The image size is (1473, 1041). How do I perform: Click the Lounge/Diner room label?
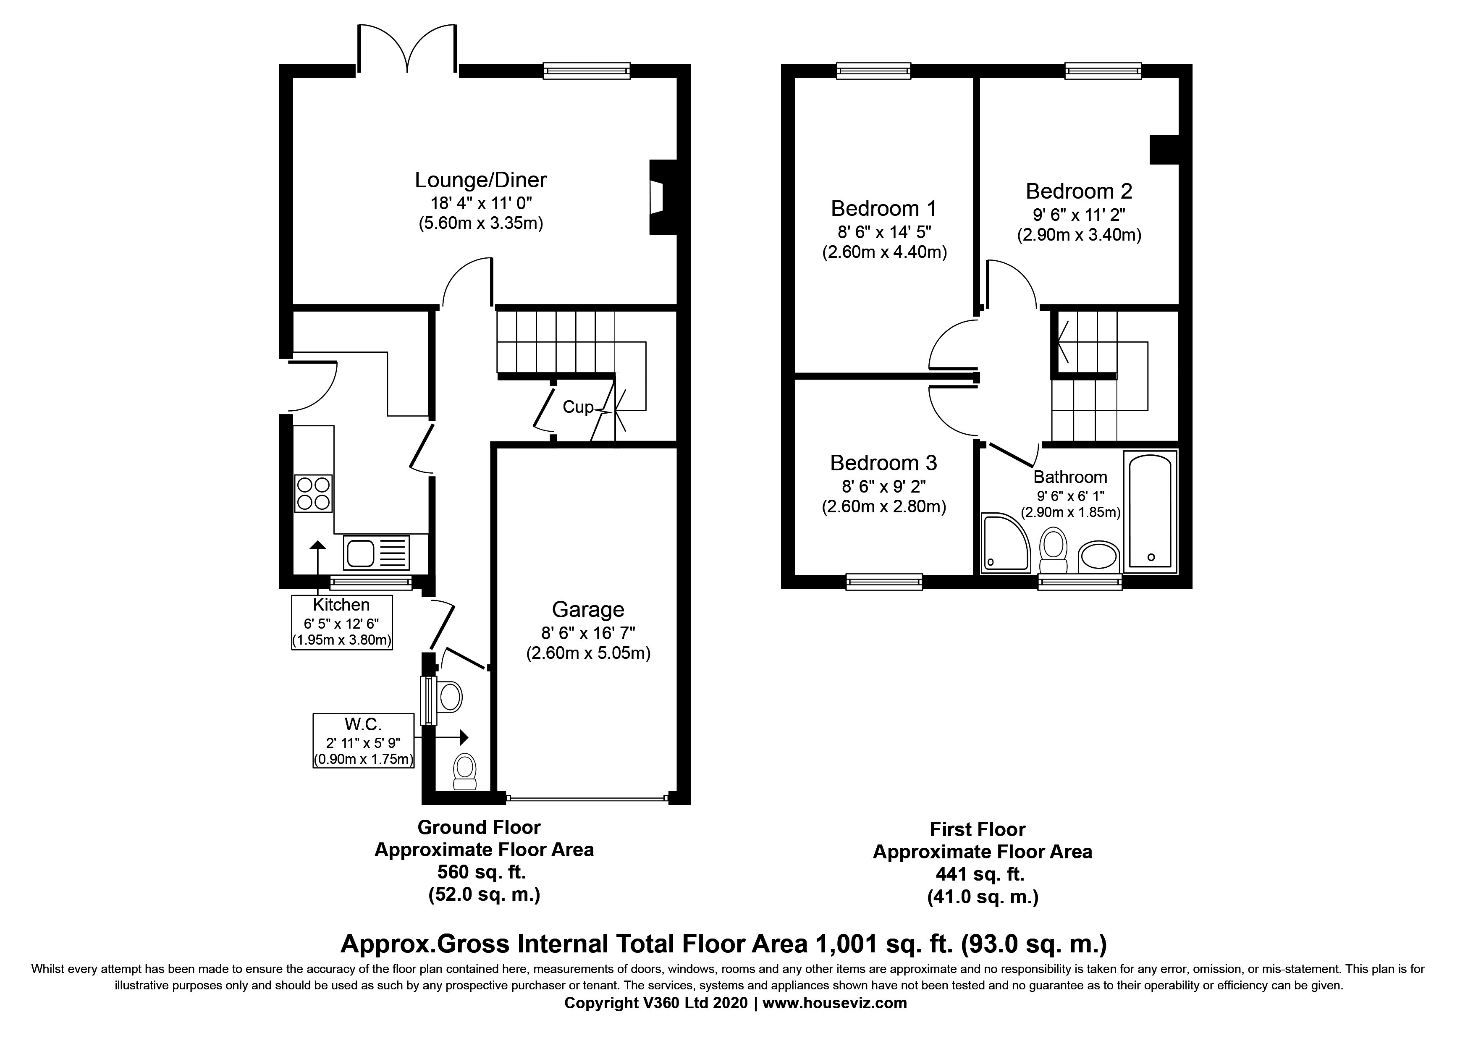(480, 180)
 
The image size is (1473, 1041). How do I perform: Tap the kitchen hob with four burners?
(314, 493)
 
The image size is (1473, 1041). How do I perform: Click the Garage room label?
(588, 609)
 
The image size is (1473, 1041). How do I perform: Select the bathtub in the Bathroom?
(1150, 511)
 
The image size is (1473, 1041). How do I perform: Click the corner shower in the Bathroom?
(1005, 542)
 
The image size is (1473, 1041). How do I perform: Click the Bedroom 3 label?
(883, 462)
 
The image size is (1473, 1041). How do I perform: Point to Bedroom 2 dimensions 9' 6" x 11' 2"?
(1079, 214)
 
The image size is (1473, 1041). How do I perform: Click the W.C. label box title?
(363, 724)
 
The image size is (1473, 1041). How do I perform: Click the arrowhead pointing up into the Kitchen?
(317, 545)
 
